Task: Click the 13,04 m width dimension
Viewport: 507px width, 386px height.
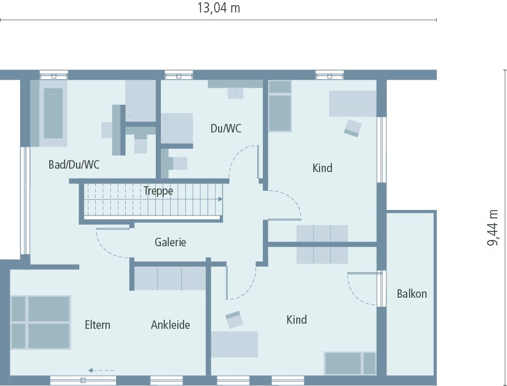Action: (218, 8)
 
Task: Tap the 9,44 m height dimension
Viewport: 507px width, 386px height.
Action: (493, 228)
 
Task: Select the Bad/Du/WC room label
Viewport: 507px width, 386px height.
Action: (74, 165)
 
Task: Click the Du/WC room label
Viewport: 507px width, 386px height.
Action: (225, 128)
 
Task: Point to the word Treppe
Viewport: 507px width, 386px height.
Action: (158, 191)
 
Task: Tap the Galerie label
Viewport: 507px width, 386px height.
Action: (171, 242)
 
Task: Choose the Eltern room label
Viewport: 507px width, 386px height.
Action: (97, 325)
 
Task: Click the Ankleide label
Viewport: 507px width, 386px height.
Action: (170, 325)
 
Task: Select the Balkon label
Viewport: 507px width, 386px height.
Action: (412, 294)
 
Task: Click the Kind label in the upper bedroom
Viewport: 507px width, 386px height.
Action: (322, 168)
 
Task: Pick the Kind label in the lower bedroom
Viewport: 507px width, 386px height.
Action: (296, 320)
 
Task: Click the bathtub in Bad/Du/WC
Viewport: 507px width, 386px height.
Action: (53, 113)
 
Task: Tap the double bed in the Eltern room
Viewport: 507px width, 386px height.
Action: (40, 322)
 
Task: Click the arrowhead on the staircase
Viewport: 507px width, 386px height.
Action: (219, 199)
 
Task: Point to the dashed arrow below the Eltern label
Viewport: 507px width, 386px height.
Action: (102, 370)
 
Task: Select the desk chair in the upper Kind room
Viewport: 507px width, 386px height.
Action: (352, 128)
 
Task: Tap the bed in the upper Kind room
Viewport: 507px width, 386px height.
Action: (280, 106)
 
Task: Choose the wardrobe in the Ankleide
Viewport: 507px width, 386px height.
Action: (170, 278)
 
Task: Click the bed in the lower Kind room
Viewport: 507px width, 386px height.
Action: (350, 363)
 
